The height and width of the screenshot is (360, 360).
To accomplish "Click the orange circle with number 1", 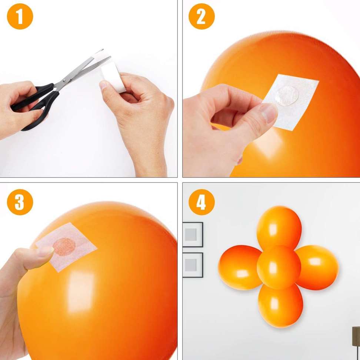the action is point(20,17).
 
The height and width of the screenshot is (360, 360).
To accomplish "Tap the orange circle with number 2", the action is point(201,17).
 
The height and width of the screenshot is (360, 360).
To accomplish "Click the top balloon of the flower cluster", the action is point(279,227).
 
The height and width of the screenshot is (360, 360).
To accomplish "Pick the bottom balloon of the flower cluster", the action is point(280,306).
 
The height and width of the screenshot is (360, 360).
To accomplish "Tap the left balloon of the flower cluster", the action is point(240,267).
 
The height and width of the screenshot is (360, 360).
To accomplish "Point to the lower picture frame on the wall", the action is point(192,265).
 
